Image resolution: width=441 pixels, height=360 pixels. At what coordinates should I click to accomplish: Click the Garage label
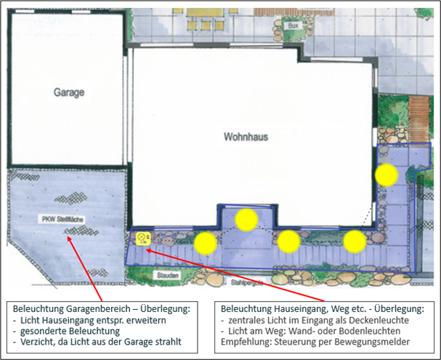point(69,92)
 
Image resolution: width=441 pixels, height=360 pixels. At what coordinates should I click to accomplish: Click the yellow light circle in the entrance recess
point(247,219)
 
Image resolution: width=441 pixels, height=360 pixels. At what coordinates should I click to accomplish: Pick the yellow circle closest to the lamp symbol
point(206,244)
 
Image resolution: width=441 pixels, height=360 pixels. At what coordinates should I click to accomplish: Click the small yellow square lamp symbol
point(142,237)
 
